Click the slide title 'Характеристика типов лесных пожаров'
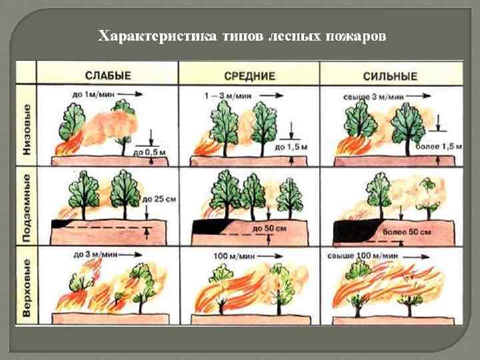pyautogui.click(x=241, y=35)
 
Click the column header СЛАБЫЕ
pyautogui.click(x=107, y=76)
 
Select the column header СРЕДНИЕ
pyautogui.click(x=249, y=76)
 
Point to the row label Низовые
pyautogui.click(x=26, y=129)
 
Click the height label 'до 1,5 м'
pyautogui.click(x=291, y=146)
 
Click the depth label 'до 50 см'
pyautogui.click(x=269, y=228)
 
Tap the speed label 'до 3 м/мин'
pyautogui.click(x=91, y=254)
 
